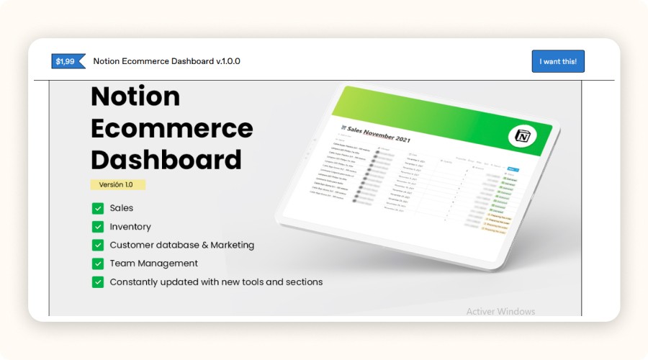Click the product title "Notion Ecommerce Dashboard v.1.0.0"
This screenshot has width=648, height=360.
pos(166,61)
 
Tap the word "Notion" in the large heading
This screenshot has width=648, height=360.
pos(135,96)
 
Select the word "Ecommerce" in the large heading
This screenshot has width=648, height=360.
pos(172,128)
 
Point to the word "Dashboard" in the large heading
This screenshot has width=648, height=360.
pos(166,159)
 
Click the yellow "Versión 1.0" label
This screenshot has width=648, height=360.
pos(118,185)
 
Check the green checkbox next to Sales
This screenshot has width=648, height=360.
pos(98,208)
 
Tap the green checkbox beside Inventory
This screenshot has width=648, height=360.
pos(98,227)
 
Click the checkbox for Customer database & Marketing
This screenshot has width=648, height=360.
pos(98,245)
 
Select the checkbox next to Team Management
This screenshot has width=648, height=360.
pos(98,264)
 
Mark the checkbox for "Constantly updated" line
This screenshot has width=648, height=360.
pos(98,282)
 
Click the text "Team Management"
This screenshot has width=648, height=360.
pos(153,264)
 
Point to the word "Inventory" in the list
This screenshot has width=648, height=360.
pos(130,227)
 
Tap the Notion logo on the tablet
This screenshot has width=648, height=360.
pos(521,135)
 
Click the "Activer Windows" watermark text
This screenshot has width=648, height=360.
pos(500,312)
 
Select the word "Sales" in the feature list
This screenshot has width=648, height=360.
pos(122,208)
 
